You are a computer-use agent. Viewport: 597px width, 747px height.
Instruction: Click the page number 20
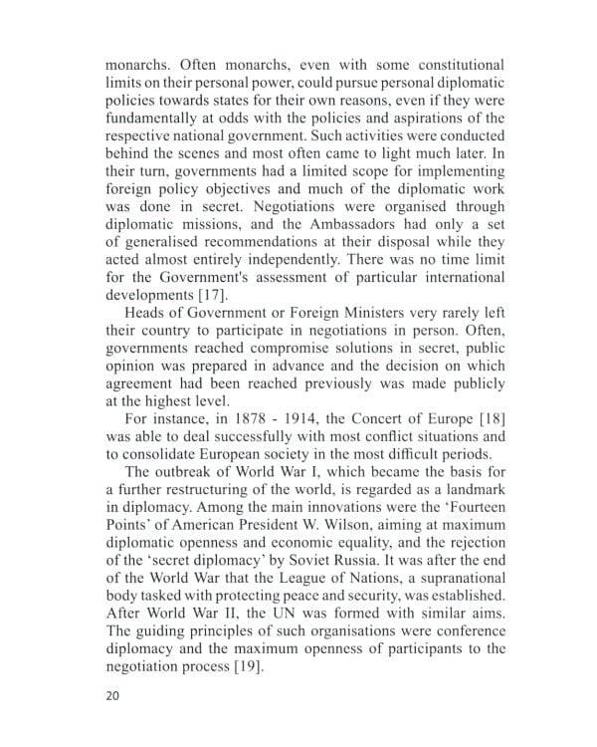pos(111,695)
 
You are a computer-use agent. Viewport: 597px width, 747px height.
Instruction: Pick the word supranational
pos(450,578)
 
